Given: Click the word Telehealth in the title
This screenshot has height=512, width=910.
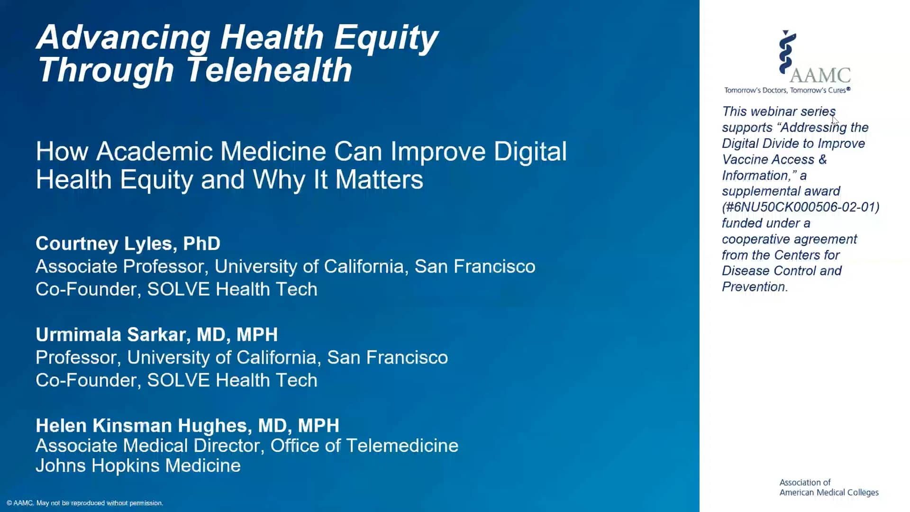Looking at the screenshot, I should [x=269, y=70].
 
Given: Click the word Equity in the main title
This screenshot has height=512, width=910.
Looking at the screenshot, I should [x=386, y=37].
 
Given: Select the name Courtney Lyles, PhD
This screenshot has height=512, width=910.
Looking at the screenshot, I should [x=128, y=243].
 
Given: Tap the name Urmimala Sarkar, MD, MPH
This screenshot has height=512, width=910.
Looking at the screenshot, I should [x=156, y=335].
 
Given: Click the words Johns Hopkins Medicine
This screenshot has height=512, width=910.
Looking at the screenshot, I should [x=138, y=466].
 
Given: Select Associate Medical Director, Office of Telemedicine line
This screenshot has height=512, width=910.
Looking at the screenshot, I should [x=246, y=446].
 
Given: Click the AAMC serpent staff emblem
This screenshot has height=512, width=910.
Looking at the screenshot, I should [x=787, y=52].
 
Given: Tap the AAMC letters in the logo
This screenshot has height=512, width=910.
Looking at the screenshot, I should [x=820, y=75].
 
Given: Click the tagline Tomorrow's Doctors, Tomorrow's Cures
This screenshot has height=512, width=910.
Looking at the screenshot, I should [x=787, y=90].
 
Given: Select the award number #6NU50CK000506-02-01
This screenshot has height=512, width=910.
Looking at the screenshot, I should [x=801, y=207].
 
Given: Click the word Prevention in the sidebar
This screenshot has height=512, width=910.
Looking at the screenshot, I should [x=754, y=287].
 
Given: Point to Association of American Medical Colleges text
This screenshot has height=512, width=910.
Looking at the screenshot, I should [x=828, y=487].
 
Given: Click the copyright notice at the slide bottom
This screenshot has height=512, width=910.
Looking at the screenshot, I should [x=85, y=503].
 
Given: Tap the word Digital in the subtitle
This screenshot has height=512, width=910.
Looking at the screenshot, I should [x=530, y=152].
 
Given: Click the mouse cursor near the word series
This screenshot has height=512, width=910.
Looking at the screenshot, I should [x=835, y=120].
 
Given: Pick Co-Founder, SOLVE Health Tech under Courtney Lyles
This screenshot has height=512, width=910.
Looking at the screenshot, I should [x=176, y=289].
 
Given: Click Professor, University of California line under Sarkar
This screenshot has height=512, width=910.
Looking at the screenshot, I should [x=241, y=357].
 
